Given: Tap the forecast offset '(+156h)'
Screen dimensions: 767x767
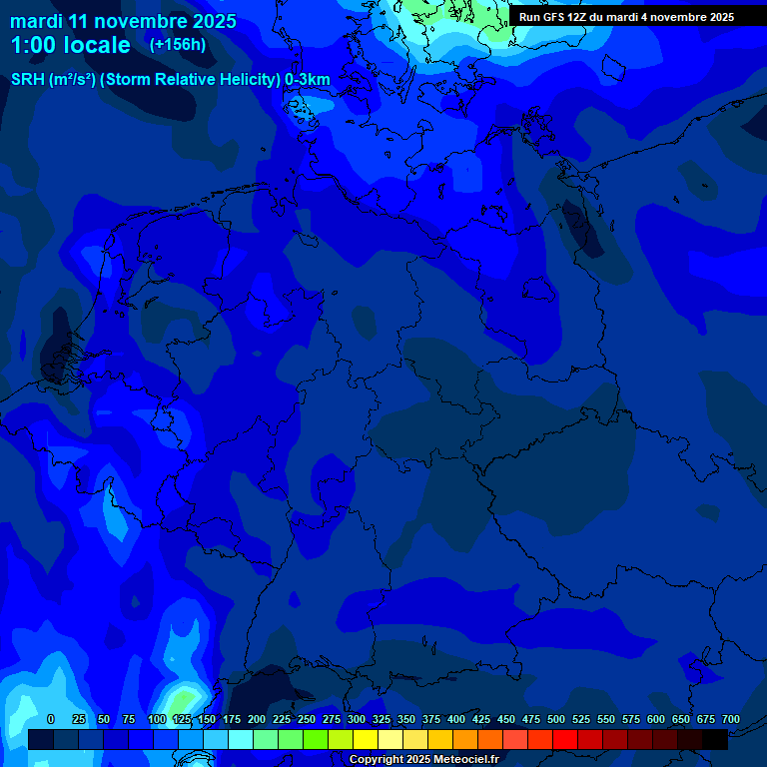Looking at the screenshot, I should (178, 45).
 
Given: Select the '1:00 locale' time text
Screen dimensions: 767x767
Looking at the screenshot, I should (70, 46).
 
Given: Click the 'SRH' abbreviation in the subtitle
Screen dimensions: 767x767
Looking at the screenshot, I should (28, 80).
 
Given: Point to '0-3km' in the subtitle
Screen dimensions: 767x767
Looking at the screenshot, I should (307, 80).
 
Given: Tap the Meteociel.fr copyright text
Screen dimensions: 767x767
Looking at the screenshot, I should (423, 759).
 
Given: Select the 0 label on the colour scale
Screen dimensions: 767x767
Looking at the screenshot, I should (51, 719).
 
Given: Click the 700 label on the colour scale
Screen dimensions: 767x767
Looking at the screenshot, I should (731, 719).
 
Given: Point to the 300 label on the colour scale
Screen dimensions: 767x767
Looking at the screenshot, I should (357, 719).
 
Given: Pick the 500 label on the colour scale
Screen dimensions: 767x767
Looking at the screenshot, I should (556, 719).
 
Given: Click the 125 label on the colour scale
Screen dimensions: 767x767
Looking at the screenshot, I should (182, 719).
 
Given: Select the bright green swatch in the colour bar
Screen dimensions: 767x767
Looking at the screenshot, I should (316, 740).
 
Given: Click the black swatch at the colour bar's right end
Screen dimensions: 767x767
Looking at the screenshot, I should (715, 740).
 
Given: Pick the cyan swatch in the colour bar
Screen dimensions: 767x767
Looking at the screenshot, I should (241, 740).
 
